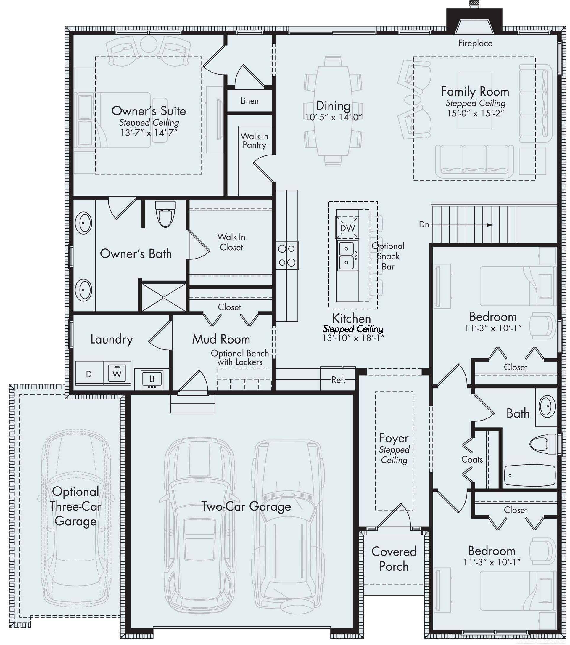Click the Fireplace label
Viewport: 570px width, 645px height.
point(475,43)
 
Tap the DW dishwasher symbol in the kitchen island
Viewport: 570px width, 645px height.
point(347,228)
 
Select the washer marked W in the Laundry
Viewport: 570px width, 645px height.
point(117,374)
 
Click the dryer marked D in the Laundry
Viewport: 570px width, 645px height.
point(89,374)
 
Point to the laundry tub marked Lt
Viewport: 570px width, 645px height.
point(152,379)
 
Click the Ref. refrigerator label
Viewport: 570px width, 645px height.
point(338,380)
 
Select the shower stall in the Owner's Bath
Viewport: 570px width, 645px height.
point(164,297)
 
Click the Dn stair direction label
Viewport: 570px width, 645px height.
point(424,224)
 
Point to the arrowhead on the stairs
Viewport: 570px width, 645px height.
point(489,225)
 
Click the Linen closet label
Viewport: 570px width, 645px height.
point(249,101)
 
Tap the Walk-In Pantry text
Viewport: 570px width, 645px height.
point(254,140)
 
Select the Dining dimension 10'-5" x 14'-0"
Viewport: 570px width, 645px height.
point(333,117)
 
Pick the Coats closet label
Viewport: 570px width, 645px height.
point(472,459)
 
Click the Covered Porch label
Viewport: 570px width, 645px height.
point(394,559)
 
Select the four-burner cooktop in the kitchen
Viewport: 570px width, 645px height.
point(286,255)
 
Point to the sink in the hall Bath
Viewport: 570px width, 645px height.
point(547,407)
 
